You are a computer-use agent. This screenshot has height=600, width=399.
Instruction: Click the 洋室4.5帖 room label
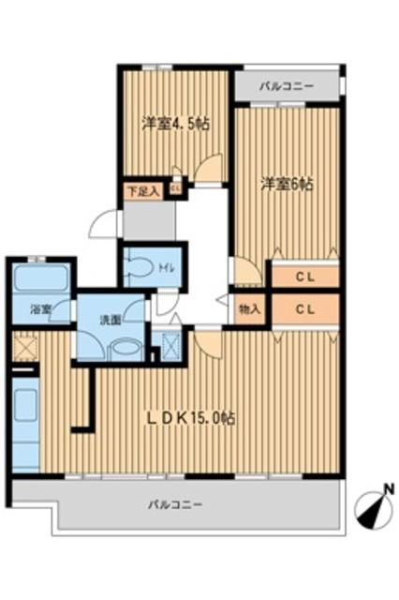pyautogui.click(x=174, y=123)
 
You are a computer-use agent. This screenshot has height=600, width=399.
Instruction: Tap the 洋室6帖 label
pyautogui.click(x=288, y=185)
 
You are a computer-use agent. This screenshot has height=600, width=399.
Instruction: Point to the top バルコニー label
pyautogui.click(x=286, y=87)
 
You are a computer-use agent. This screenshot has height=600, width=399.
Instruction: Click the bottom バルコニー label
pyautogui.click(x=175, y=504)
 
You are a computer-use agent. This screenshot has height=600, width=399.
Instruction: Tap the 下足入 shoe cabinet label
pyautogui.click(x=143, y=190)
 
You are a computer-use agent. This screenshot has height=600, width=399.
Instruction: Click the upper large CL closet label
pyautogui.click(x=304, y=277)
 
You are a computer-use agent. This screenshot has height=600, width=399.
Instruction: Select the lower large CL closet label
pyautogui.click(x=304, y=308)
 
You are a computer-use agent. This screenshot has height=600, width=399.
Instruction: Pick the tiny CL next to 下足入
pyautogui.click(x=175, y=189)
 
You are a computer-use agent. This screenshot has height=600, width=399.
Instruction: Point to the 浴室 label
pyautogui.click(x=39, y=308)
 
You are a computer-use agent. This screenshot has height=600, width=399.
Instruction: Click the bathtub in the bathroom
pyautogui.click(x=38, y=278)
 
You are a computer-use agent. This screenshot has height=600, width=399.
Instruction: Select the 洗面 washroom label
pyautogui.click(x=111, y=320)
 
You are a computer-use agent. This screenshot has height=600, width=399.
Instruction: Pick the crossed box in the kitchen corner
pyautogui.click(x=25, y=348)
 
